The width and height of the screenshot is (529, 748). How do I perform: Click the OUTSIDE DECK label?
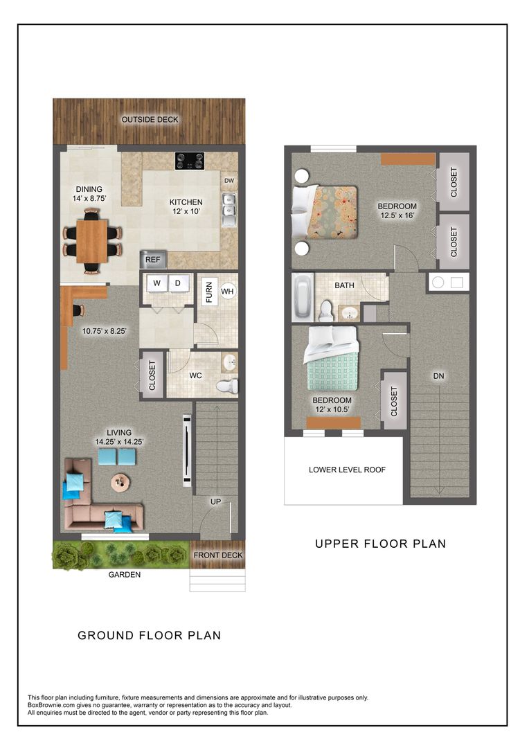tap(150, 120)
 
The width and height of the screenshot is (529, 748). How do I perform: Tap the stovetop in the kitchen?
tap(189, 161)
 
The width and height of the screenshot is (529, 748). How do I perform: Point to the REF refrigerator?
tap(152, 260)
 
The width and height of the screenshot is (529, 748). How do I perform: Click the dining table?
tap(91, 240)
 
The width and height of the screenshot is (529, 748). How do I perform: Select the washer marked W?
tap(156, 284)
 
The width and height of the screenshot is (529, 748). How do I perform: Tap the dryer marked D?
tap(177, 284)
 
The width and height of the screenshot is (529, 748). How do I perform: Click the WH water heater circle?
tap(228, 292)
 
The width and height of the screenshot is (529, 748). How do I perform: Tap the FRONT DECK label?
tap(218, 555)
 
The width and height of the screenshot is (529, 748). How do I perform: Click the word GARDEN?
tap(125, 575)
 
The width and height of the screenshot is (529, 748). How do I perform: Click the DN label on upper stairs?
tap(438, 376)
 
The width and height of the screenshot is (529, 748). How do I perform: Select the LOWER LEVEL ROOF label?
tap(347, 470)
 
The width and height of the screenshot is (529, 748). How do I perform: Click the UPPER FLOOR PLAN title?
tap(380, 544)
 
